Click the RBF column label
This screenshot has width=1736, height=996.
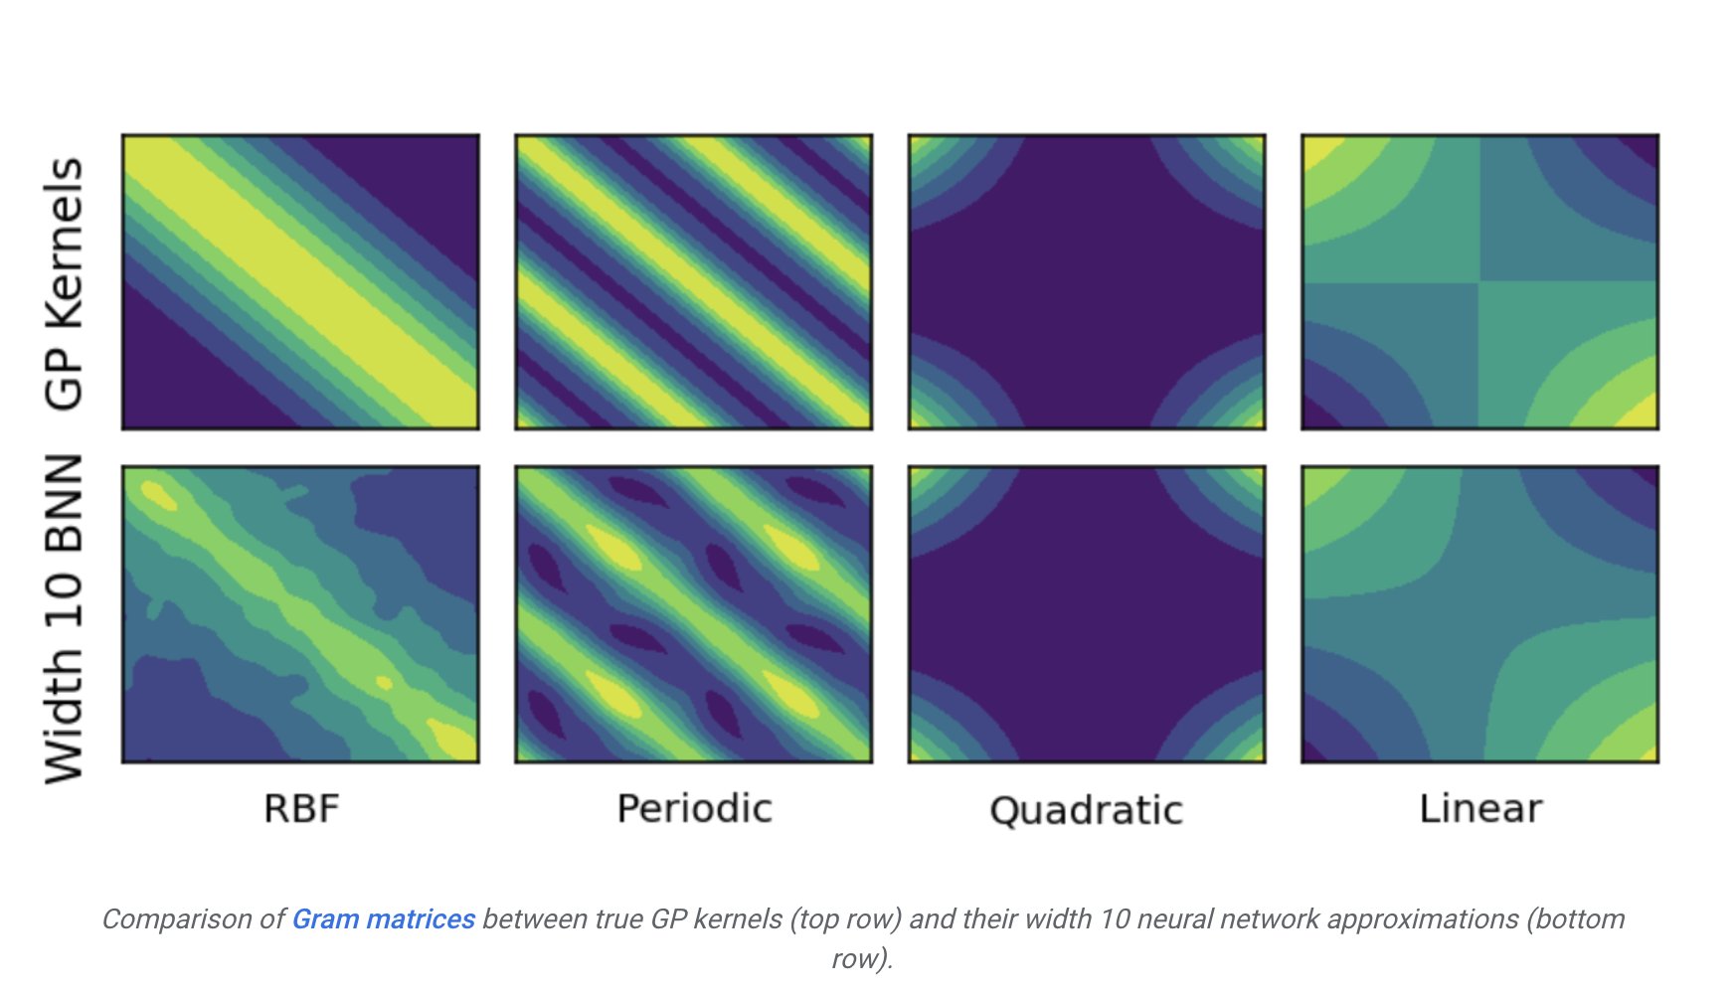[301, 808]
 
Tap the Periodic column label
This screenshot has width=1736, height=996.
[694, 808]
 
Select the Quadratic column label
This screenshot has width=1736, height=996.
[1086, 810]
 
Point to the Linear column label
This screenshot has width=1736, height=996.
[1480, 808]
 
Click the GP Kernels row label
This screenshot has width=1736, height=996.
[65, 283]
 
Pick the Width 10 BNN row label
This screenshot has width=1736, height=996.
[65, 618]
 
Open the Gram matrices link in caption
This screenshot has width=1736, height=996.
[383, 919]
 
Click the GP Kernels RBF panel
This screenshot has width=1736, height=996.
[300, 282]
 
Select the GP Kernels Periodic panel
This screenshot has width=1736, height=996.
[694, 282]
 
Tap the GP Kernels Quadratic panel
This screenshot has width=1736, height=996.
[1087, 282]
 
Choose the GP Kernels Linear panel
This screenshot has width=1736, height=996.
[1479, 282]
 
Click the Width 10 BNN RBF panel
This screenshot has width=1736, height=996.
[300, 614]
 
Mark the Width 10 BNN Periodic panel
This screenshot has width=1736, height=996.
[694, 614]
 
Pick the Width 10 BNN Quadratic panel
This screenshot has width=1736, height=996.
[1087, 614]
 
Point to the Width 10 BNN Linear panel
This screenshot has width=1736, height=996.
[1479, 614]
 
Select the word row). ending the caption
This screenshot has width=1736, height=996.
[862, 959]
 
